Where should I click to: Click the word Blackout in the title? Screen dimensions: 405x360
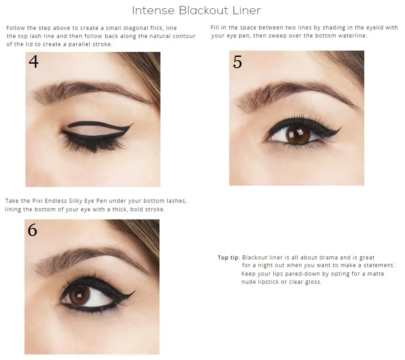(x=204, y=10)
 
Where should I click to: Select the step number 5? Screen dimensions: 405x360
(x=237, y=62)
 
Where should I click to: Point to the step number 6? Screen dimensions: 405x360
(x=32, y=230)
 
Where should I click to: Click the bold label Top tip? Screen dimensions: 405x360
(x=229, y=258)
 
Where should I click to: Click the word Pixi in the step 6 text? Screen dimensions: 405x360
(x=38, y=201)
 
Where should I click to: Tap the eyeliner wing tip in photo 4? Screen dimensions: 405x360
(x=133, y=124)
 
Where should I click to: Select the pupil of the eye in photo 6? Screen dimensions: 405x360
(x=79, y=295)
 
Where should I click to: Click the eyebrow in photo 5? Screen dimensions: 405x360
(x=297, y=93)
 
